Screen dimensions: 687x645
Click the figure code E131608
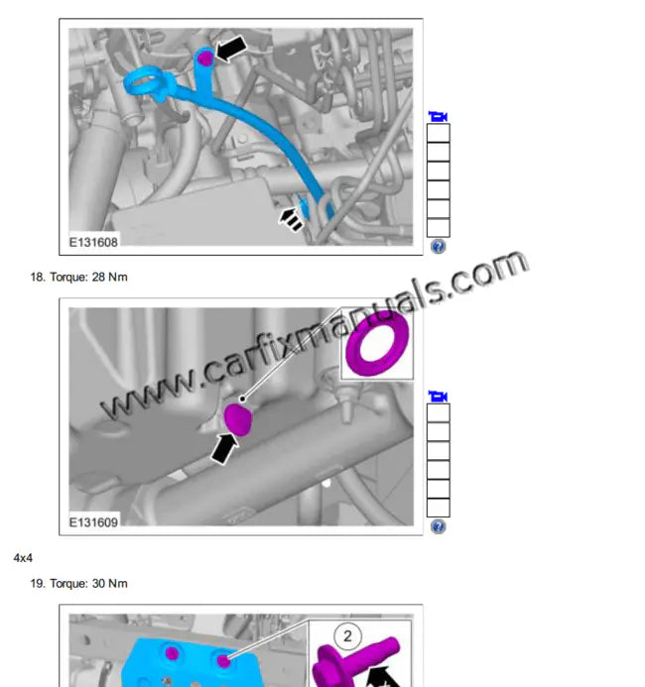tap(93, 241)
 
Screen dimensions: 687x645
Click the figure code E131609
tap(93, 521)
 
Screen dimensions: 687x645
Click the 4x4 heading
tap(23, 558)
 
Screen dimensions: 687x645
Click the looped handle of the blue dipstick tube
tap(142, 77)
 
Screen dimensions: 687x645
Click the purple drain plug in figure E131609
tap(238, 418)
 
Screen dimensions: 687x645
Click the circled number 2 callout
tap(348, 635)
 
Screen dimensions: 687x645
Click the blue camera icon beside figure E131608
tap(438, 116)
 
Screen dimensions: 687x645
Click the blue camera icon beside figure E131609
tap(438, 397)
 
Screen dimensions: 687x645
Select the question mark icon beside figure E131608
tap(438, 246)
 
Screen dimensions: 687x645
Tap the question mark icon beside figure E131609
tap(438, 526)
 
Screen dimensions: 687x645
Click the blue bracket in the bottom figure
tap(198, 659)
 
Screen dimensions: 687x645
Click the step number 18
tap(38, 277)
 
